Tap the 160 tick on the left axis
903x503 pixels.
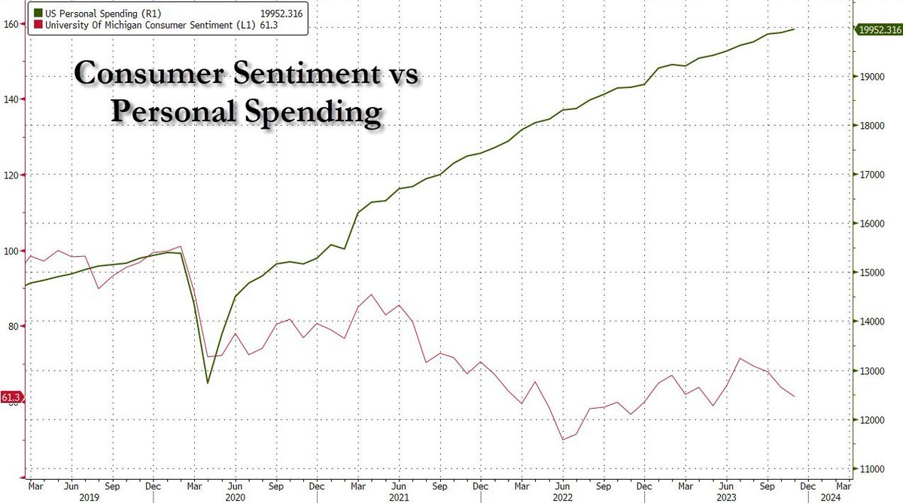click(14, 24)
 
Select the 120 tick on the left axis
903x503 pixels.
click(14, 175)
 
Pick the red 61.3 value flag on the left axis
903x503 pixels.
click(11, 397)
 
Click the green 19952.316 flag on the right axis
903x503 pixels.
click(877, 29)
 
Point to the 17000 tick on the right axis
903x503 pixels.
click(870, 175)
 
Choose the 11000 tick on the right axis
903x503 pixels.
click(870, 468)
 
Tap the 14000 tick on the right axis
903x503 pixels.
click(870, 322)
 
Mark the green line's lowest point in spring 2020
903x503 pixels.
click(208, 383)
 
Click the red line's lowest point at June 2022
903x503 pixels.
click(562, 440)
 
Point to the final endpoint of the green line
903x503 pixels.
click(795, 29)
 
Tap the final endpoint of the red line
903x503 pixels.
click(795, 396)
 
